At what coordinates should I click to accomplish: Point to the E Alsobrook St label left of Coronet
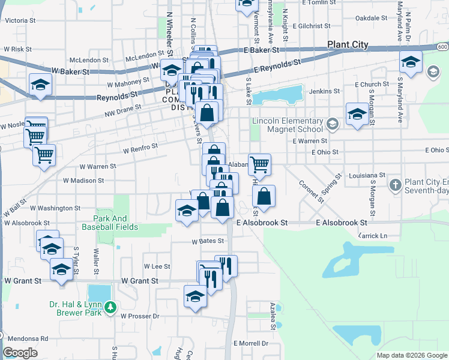pyautogui.click(x=262, y=223)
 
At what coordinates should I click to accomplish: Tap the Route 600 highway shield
pyautogui.click(x=442, y=47)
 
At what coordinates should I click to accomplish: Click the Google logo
pyautogui.click(x=20, y=352)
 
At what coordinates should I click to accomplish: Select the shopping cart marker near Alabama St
pyautogui.click(x=259, y=164)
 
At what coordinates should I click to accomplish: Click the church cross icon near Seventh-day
pyautogui.click(x=395, y=185)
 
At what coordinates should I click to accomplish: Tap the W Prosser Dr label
pyautogui.click(x=139, y=316)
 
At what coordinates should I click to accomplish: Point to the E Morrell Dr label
pyautogui.click(x=252, y=343)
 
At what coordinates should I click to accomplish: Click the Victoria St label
pyautogui.click(x=21, y=20)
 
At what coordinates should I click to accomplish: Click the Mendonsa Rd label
pyautogui.click(x=28, y=338)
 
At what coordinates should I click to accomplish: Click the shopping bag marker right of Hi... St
pyautogui.click(x=264, y=196)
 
